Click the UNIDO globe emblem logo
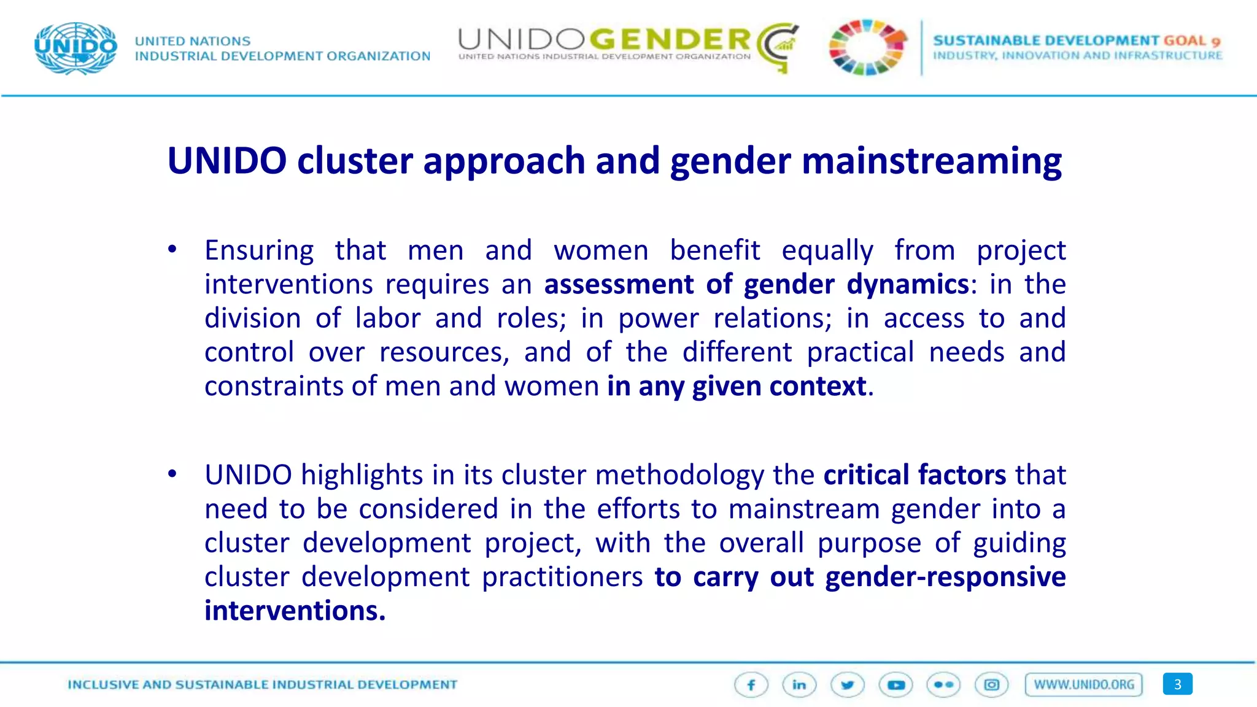pos(76,48)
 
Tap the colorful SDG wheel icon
pos(867,47)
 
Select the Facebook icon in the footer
pos(751,685)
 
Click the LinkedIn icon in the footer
pos(799,685)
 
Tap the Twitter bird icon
pos(848,685)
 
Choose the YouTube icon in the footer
pos(895,685)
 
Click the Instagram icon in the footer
pos(992,685)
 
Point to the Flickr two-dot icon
pos(943,685)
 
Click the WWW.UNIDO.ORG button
pos(1084,685)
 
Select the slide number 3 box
pos(1177,684)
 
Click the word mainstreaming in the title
pos(931,161)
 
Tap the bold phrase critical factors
pos(915,475)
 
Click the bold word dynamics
pos(908,284)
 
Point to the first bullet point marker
pos(172,249)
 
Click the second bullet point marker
pos(172,474)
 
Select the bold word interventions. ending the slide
pos(295,611)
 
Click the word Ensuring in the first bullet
pos(259,250)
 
